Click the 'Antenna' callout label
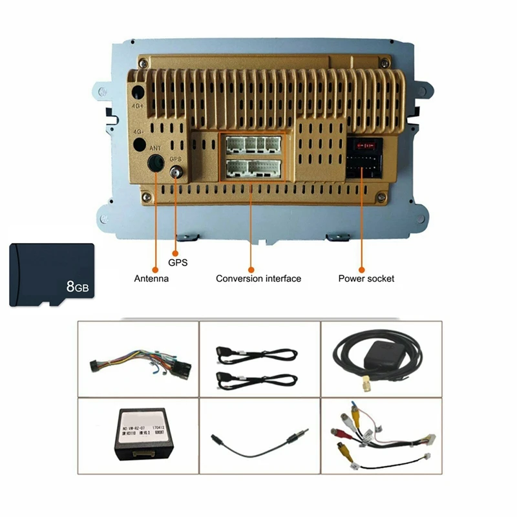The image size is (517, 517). click(x=151, y=279)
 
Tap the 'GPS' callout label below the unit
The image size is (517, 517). click(x=178, y=263)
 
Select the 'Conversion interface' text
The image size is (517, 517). click(x=258, y=279)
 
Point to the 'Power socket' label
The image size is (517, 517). click(x=366, y=279)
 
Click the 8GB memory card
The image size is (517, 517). click(x=52, y=275)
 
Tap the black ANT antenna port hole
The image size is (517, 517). click(x=155, y=163)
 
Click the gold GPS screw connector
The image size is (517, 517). click(x=175, y=173)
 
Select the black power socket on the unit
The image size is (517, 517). click(x=364, y=158)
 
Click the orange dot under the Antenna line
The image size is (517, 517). click(x=155, y=268)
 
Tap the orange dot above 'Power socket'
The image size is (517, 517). click(x=362, y=268)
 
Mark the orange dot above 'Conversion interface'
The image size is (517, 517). click(x=251, y=268)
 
